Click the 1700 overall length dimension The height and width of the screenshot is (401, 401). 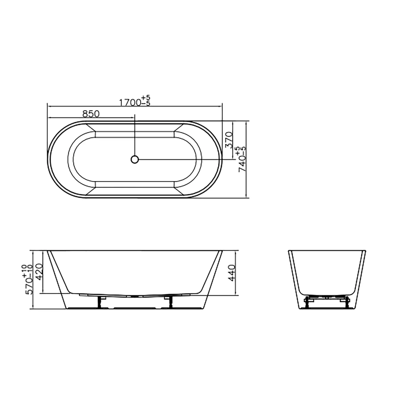[x=130, y=102]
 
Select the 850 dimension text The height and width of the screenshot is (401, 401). [x=91, y=114]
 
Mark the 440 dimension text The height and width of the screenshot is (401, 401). [x=231, y=273]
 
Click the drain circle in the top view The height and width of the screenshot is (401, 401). [x=135, y=159]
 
